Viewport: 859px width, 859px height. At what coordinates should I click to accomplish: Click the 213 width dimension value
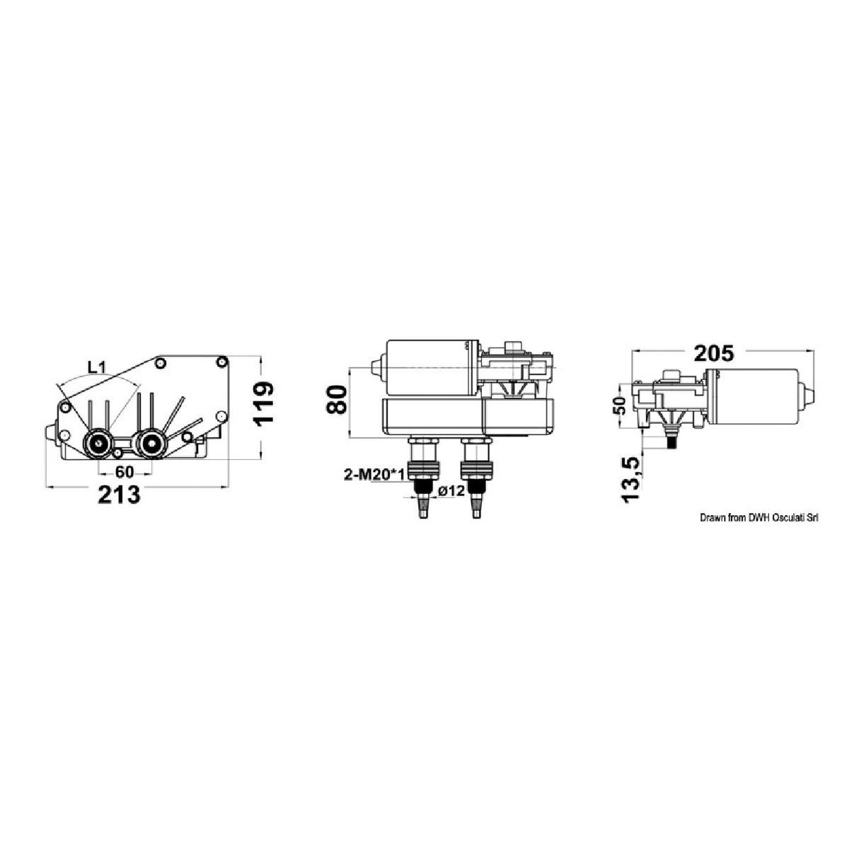[119, 495]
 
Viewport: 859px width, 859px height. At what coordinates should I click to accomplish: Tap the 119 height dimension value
[263, 403]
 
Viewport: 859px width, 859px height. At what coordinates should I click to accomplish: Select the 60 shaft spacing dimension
[125, 472]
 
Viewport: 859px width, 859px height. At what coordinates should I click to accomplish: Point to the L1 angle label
[97, 367]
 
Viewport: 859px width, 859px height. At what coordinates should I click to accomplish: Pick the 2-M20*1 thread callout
[374, 475]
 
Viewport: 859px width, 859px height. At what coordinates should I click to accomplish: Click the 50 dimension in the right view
[620, 406]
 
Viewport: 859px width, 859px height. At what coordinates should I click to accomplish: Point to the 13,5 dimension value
[631, 478]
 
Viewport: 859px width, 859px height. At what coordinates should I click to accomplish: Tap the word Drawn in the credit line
[713, 518]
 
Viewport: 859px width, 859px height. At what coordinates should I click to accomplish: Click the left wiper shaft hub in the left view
[97, 444]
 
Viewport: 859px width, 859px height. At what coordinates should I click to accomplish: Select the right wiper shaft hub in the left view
[150, 444]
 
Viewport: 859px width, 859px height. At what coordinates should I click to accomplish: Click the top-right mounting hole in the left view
[221, 362]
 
